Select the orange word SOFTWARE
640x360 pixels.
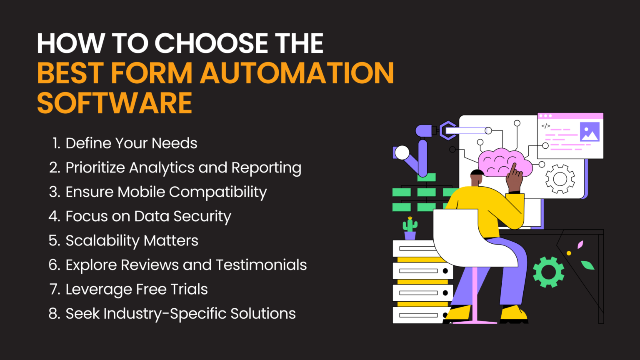click(x=115, y=103)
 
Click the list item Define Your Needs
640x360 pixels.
click(x=125, y=143)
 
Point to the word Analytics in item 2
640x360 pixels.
click(x=162, y=167)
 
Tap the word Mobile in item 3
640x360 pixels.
click(x=141, y=192)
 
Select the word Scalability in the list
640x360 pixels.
click(x=102, y=240)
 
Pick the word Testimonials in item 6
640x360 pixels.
click(x=261, y=265)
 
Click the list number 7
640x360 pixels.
click(x=55, y=289)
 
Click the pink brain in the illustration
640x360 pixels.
click(x=505, y=162)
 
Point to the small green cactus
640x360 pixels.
click(x=410, y=224)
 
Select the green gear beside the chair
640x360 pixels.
click(x=549, y=272)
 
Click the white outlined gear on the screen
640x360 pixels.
click(x=560, y=179)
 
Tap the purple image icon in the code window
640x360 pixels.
click(x=590, y=132)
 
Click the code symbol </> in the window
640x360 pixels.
click(x=545, y=126)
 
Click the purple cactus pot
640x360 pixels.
click(x=410, y=236)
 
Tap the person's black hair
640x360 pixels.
click(x=477, y=172)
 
